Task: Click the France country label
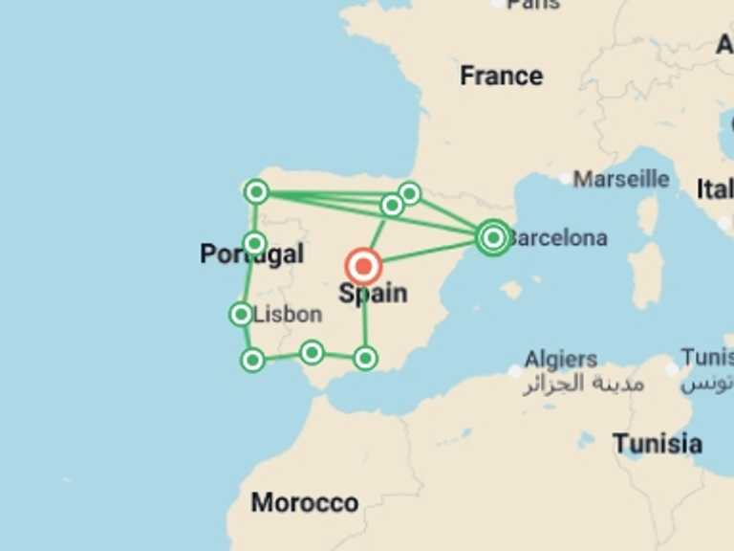501,76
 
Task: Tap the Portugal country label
251,254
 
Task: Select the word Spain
373,294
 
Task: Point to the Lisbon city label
289,314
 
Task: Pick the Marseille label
621,179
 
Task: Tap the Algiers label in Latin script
561,360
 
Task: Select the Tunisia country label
658,444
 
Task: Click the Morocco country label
305,503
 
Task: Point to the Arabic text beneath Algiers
583,385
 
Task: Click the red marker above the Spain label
363,266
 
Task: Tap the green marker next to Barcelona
492,237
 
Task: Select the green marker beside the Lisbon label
241,314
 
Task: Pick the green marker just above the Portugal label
254,243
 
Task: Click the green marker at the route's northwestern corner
255,192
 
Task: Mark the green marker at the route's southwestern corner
252,360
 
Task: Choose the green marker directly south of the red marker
365,359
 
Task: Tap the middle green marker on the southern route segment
311,353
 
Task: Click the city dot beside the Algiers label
516,370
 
